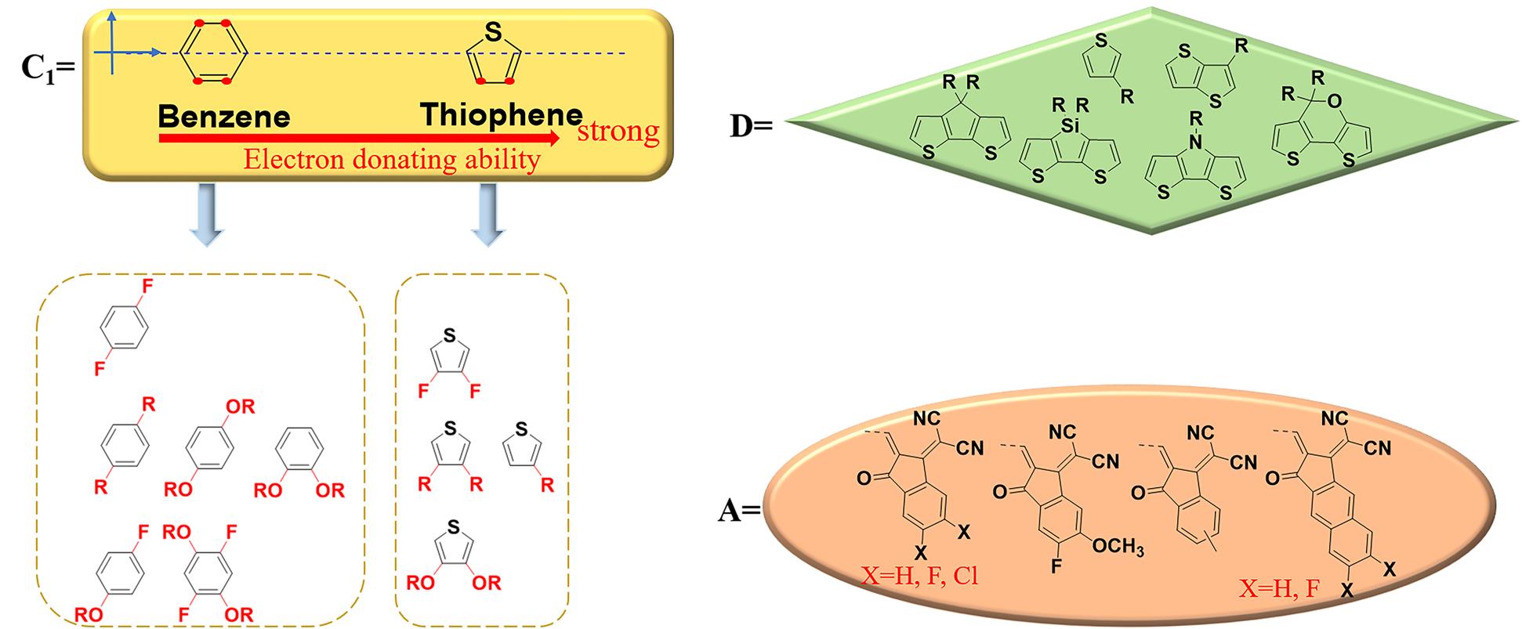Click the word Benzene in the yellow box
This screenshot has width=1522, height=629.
(x=224, y=117)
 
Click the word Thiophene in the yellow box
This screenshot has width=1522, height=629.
(x=502, y=115)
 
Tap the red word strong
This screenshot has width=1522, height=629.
(x=618, y=131)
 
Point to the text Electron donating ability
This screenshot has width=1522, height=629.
(x=392, y=160)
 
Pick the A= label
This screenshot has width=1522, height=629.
(x=740, y=512)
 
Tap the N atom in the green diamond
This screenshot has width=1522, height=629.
(x=1194, y=141)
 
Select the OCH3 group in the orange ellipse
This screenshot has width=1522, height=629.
(x=1118, y=546)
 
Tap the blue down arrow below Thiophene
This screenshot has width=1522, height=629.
(x=487, y=215)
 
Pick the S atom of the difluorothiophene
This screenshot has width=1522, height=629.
(x=449, y=335)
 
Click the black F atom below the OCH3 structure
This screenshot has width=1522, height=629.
(x=1056, y=565)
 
